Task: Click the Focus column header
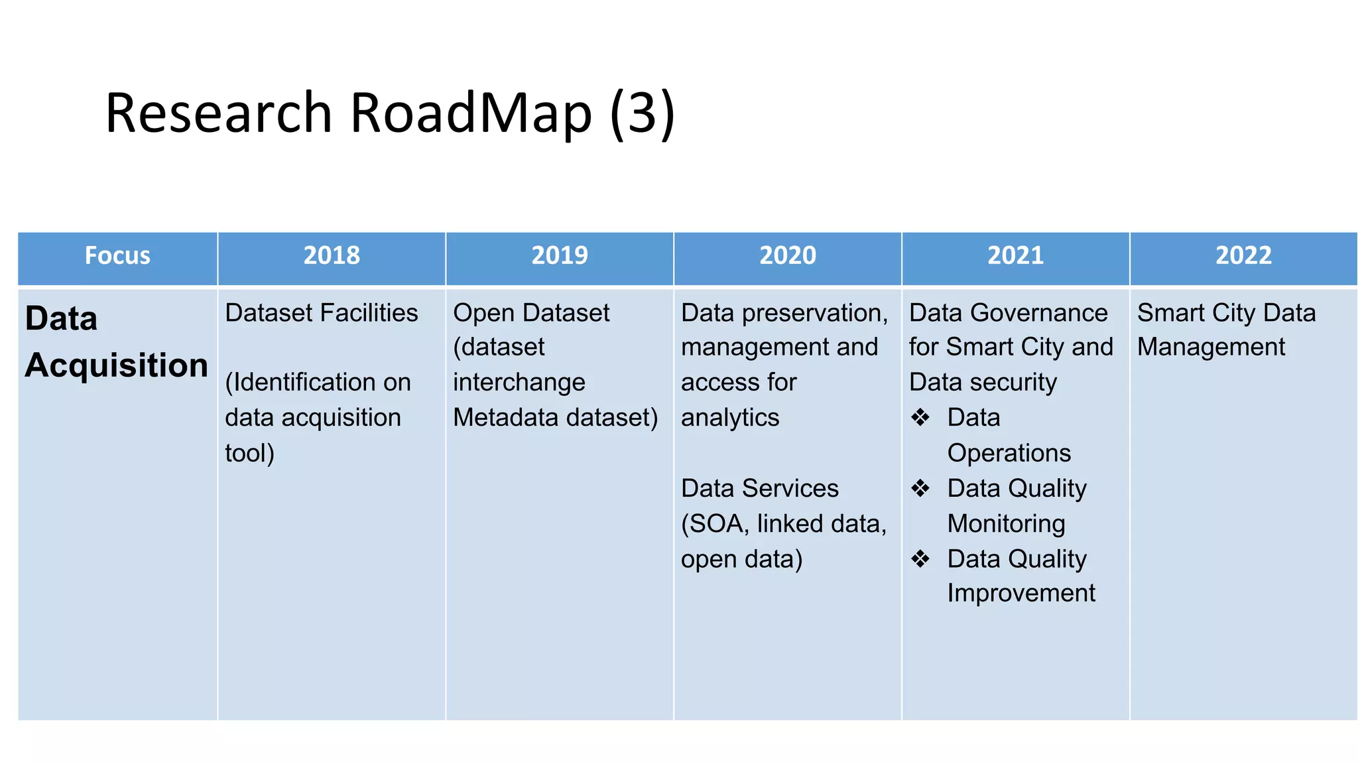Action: [117, 256]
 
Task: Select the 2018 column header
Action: [332, 256]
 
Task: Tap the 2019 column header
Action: [560, 256]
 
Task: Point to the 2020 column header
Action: [788, 256]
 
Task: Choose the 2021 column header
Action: [1015, 256]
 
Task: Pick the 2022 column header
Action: [1243, 256]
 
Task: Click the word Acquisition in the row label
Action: [117, 365]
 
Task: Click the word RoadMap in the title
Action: [470, 113]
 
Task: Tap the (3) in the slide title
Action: [642, 113]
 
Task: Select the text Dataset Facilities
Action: [322, 313]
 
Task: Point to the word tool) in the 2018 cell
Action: [249, 454]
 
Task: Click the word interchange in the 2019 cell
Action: [519, 383]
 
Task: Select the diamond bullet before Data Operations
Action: [920, 418]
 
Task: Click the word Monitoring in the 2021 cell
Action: [1006, 524]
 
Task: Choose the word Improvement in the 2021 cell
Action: [1021, 593]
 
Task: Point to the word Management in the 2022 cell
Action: [1211, 348]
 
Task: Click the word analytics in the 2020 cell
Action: [730, 418]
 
